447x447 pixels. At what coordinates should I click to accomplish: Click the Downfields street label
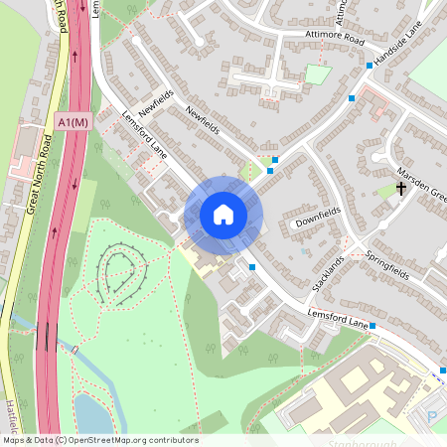click(x=318, y=217)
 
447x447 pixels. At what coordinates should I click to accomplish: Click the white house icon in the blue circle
click(x=223, y=215)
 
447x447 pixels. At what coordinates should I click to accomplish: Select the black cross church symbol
click(x=401, y=188)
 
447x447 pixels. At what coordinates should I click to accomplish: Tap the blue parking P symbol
click(x=431, y=415)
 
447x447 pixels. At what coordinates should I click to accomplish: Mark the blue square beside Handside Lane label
click(x=370, y=66)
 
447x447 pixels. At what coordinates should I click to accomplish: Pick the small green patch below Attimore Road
click(x=317, y=74)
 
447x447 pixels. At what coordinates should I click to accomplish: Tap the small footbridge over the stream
click(x=74, y=349)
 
